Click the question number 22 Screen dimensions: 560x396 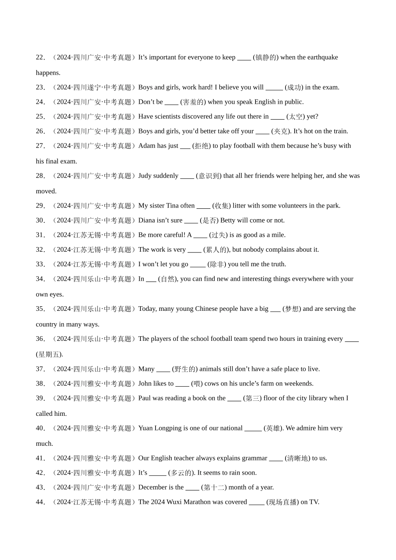[x=40, y=57]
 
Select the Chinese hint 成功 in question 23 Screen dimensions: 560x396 [x=294, y=87]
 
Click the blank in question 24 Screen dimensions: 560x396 [x=171, y=102]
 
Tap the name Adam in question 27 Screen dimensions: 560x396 [x=147, y=146]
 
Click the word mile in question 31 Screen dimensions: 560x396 [x=278, y=235]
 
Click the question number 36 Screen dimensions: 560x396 [x=40, y=339]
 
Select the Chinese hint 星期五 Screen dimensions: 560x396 [x=50, y=355]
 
